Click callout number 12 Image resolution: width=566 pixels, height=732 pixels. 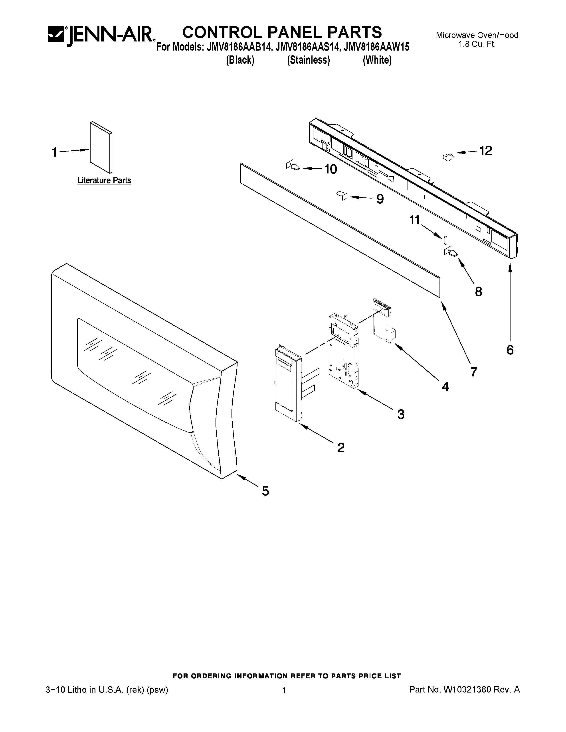point(485,151)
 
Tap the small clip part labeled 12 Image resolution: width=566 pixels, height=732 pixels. point(448,157)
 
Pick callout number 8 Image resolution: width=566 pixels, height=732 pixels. point(479,292)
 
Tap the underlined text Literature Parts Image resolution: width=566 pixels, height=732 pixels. point(104,180)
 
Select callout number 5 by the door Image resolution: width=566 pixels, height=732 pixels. point(265,491)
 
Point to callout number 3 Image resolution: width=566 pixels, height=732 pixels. point(401,414)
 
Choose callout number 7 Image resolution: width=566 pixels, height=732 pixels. point(473,371)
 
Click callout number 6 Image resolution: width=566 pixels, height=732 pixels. point(510,350)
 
